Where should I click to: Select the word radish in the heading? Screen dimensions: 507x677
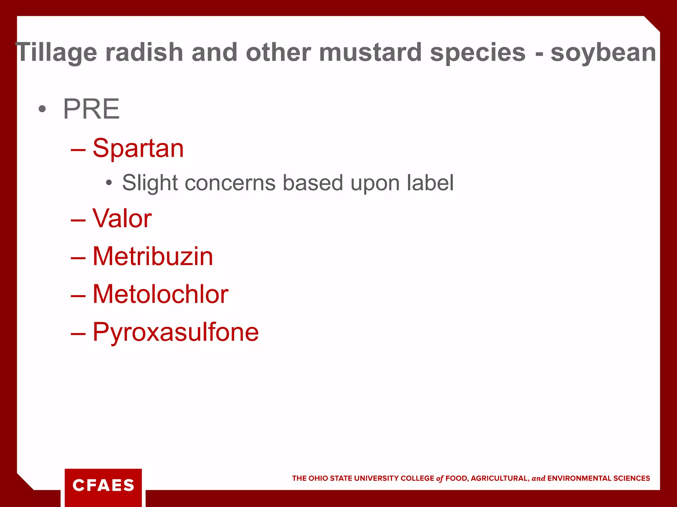144,52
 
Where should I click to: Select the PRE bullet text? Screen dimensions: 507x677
91,109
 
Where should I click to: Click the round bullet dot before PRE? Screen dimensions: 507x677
42,109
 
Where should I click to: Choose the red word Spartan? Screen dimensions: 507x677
138,149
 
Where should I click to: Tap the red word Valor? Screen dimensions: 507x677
122,219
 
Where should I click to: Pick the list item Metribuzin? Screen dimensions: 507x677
153,256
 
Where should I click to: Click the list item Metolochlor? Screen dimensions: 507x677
160,294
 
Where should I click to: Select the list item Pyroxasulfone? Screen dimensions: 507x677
176,332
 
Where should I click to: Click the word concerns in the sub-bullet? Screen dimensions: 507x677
230,183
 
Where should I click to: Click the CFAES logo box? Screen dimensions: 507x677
103,486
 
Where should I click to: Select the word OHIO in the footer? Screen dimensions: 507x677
318,478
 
